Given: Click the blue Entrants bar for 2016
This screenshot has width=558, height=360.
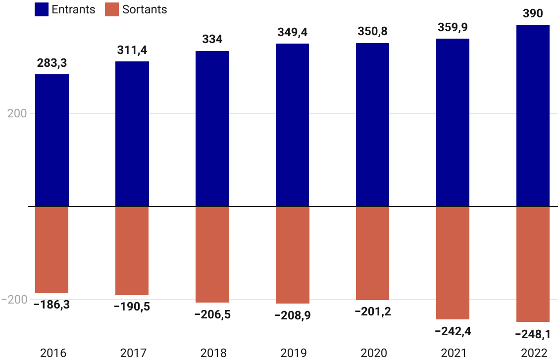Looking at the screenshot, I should pos(52,140).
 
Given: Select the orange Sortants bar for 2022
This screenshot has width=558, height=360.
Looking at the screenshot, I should pos(533,264).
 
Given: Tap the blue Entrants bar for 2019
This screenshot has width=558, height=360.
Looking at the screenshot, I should pos(292,125).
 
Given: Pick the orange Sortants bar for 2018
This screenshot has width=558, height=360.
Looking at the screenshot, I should pos(212,254).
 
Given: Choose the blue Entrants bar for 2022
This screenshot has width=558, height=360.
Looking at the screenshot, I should pos(533,115).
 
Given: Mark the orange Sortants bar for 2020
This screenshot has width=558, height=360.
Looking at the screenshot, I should pos(372,253).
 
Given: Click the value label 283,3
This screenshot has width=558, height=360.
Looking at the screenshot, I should pos(52,63).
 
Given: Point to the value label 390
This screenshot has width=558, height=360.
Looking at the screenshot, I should pos(533,13).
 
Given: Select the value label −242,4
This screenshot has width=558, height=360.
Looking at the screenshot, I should pos(453,331).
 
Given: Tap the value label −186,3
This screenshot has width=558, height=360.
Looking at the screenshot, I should pos(52,305).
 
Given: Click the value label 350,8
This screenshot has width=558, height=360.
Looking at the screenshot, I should pos(372,32).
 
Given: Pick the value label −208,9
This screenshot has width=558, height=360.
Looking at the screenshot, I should pos(292,315).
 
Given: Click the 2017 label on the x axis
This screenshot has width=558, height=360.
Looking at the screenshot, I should pos(133,353).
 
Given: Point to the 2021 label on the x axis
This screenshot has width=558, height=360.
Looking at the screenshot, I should pos(453,353).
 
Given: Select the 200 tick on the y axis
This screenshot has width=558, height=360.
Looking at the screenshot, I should pos(17,113).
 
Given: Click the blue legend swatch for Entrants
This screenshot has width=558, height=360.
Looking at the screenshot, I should pos(42,9).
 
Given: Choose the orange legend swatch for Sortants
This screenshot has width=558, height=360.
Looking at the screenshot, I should pos(112,9).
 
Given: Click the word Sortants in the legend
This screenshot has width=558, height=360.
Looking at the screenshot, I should pos(145,9).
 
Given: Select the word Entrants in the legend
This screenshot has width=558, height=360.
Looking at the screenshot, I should pos(73,9).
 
